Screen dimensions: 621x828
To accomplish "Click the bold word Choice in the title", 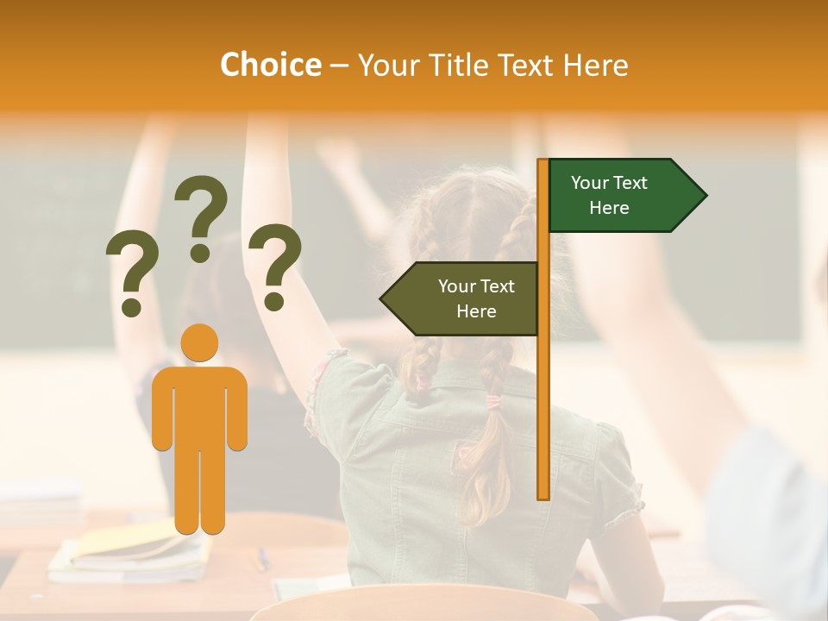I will [270, 65].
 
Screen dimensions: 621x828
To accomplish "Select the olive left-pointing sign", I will [466, 298].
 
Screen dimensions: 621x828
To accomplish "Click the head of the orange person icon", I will [199, 342].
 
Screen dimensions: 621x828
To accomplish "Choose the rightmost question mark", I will [274, 266].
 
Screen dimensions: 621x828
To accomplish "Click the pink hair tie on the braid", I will [492, 401].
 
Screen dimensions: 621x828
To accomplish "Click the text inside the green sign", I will [609, 195].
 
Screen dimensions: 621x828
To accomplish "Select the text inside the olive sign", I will [476, 298].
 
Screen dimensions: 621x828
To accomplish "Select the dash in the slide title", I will [339, 66].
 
